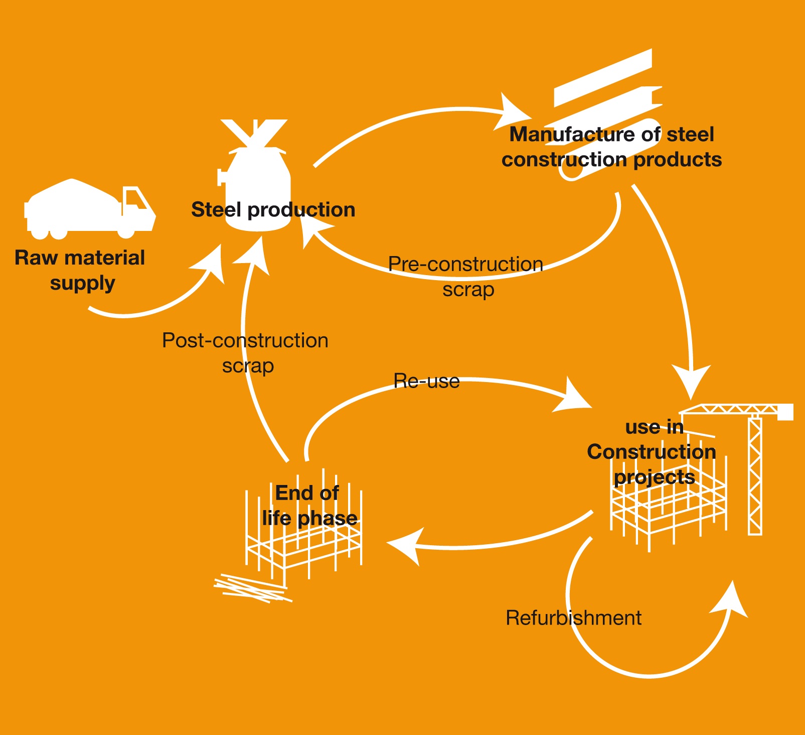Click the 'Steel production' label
(273, 210)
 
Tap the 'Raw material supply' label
(80, 270)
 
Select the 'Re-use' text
(426, 381)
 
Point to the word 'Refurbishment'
(573, 618)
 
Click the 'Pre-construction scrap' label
(466, 277)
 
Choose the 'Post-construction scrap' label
(245, 353)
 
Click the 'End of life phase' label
(309, 506)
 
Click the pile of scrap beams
(251, 588)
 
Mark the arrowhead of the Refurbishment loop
(731, 600)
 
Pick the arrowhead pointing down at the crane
(691, 381)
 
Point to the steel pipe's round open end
(571, 171)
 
